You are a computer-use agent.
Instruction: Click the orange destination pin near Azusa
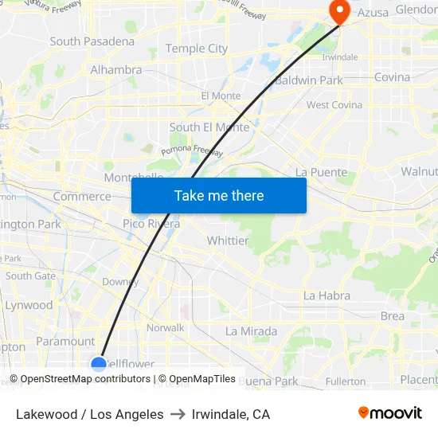coord(340,11)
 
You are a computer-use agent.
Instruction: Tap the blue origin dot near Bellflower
coord(99,364)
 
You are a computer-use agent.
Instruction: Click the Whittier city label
coord(228,241)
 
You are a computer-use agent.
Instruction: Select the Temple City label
coord(197,49)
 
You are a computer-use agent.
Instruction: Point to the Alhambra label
coord(116,70)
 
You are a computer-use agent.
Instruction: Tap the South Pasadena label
coord(92,41)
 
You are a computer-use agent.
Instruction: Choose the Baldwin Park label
coord(308,80)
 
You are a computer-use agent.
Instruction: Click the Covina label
coord(392,77)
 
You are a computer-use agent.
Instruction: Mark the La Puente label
coord(321,172)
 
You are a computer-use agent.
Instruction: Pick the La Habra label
coord(327,295)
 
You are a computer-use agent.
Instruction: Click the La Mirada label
coord(251,331)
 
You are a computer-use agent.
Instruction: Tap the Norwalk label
coord(165,327)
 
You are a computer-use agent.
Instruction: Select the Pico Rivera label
coord(151,224)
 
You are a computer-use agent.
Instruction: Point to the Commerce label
coord(82,197)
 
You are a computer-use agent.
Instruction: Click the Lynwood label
coord(29,305)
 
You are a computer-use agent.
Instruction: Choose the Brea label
coord(393,316)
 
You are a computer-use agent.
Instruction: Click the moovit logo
coord(390,413)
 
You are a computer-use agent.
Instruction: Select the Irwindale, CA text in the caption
coord(231,414)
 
